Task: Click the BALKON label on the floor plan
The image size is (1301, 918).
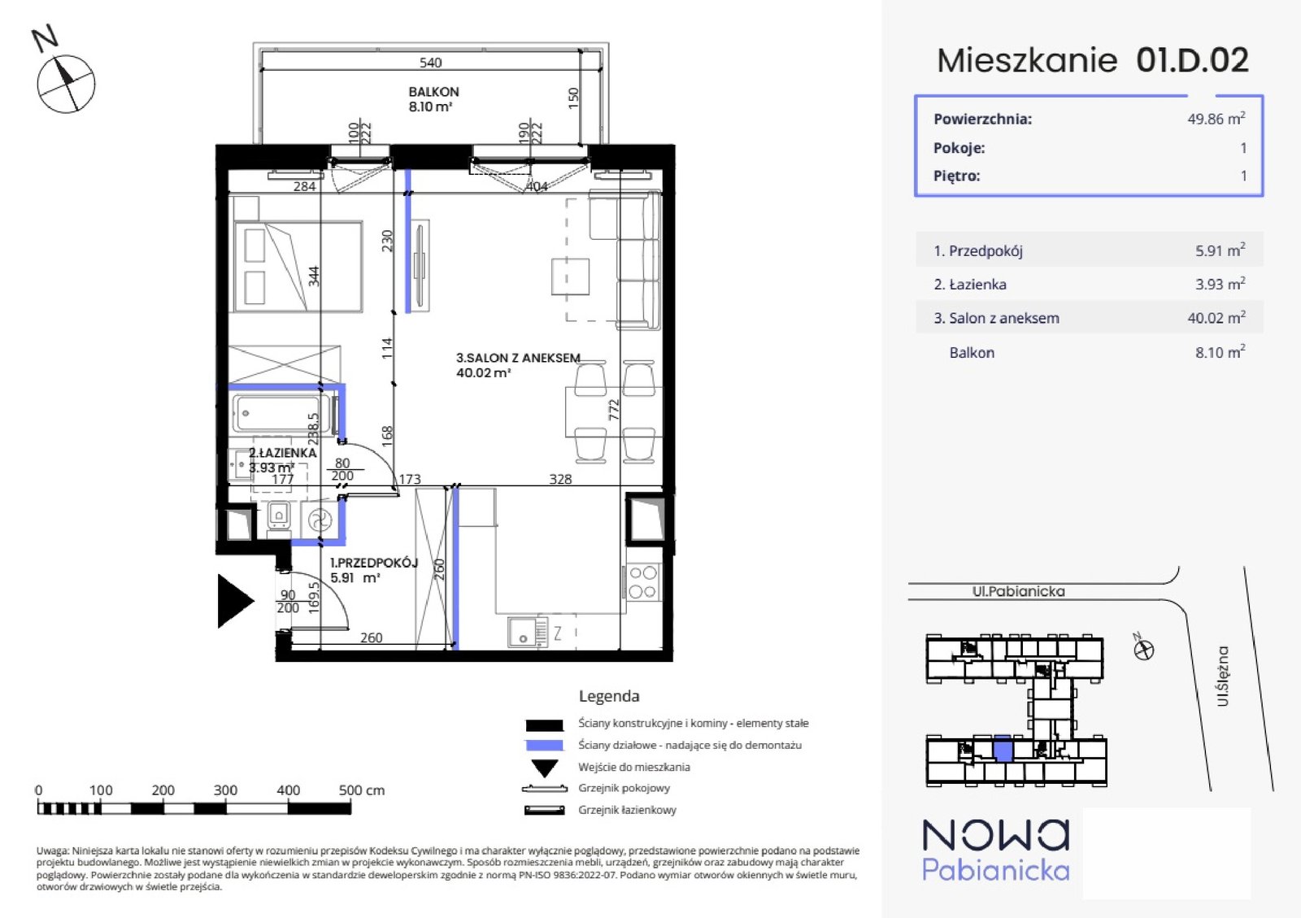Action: (433, 92)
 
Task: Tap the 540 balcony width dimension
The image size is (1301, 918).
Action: (430, 62)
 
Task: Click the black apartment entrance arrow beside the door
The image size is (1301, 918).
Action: (235, 601)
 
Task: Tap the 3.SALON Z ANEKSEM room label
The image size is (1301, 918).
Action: (518, 358)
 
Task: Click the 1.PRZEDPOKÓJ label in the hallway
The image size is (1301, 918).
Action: (374, 563)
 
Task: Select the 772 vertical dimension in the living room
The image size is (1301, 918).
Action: (614, 410)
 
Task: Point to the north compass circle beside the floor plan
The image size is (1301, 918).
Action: (66, 85)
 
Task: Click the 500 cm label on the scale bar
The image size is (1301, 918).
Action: (361, 790)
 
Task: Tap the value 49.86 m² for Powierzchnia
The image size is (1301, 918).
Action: (1216, 119)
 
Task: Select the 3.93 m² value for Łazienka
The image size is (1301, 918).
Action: (1220, 284)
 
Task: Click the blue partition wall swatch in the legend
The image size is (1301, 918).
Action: (544, 745)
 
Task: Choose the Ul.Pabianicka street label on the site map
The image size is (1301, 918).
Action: (1019, 591)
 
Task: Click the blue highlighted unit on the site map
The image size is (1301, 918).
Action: (1003, 748)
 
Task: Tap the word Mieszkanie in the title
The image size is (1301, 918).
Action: (1027, 60)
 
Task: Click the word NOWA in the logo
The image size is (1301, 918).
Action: (995, 835)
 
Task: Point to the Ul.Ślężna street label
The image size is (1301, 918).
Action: (1223, 676)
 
